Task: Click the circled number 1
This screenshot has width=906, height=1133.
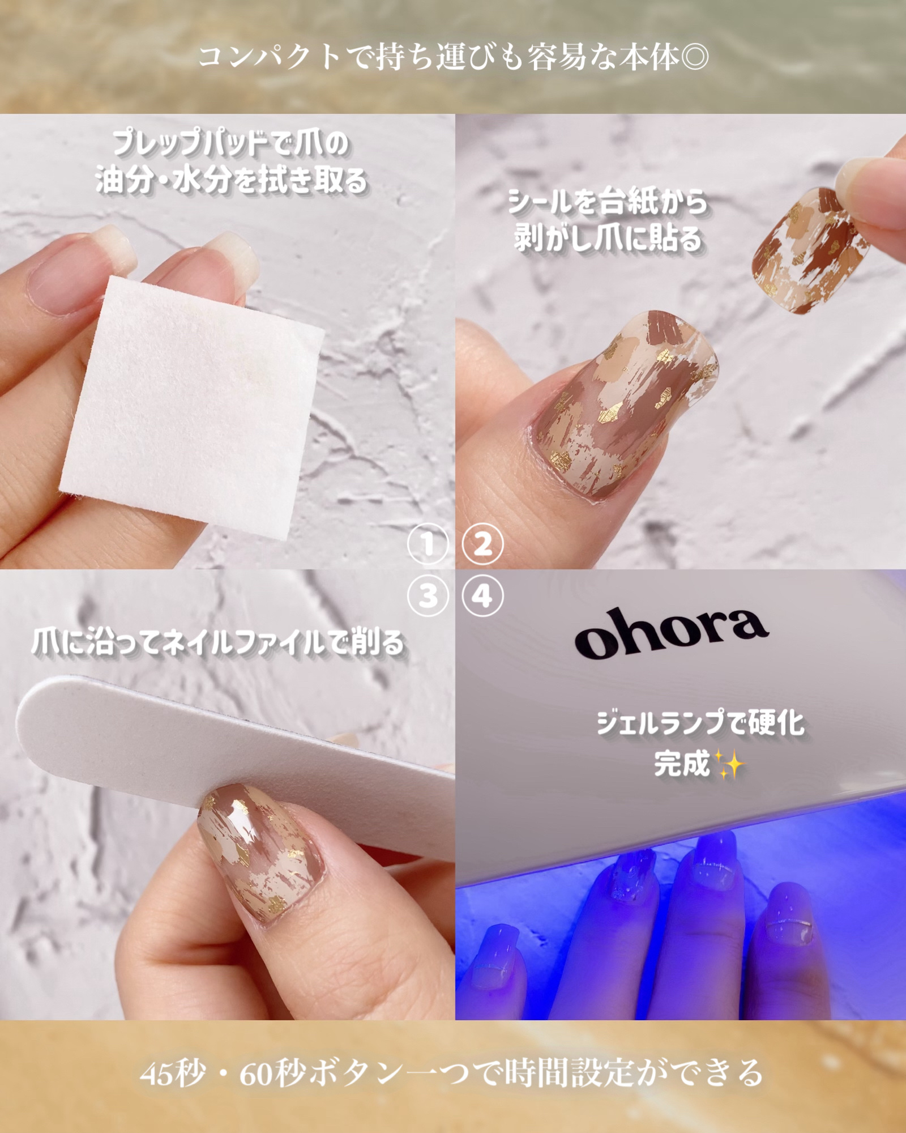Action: (428, 544)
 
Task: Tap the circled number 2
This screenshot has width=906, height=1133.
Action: (482, 544)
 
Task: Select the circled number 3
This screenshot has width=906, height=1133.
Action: (428, 596)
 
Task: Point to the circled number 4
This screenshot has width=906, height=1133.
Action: (482, 596)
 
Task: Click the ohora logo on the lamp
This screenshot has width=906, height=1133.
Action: (671, 633)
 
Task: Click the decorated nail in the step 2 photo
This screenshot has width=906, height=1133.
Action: (620, 405)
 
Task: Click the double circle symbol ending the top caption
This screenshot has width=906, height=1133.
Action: (694, 57)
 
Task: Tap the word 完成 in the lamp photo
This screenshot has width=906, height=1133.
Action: (682, 764)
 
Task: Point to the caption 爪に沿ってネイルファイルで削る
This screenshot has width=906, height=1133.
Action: (218, 643)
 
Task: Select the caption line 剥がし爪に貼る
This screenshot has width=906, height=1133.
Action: (608, 238)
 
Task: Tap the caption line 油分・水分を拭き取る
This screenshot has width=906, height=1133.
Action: (231, 181)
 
